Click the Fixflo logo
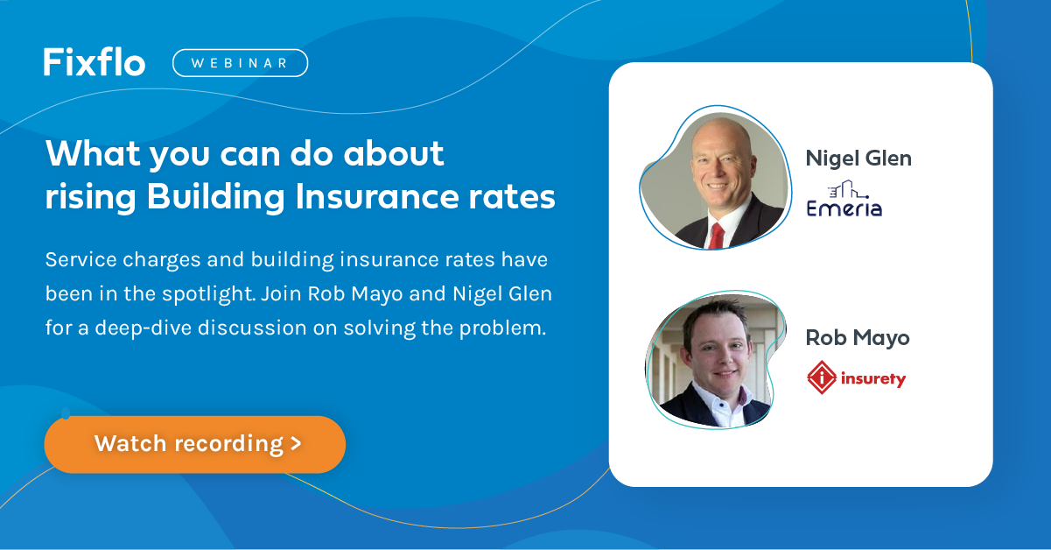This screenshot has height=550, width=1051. [95, 62]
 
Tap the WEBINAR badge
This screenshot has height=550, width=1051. [240, 63]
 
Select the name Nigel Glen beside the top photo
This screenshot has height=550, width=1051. [858, 159]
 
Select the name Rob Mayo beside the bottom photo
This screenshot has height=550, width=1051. [858, 338]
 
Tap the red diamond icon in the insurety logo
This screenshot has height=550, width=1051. [822, 377]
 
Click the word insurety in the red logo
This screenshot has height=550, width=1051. [872, 378]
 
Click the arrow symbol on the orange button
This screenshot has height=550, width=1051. [296, 443]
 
